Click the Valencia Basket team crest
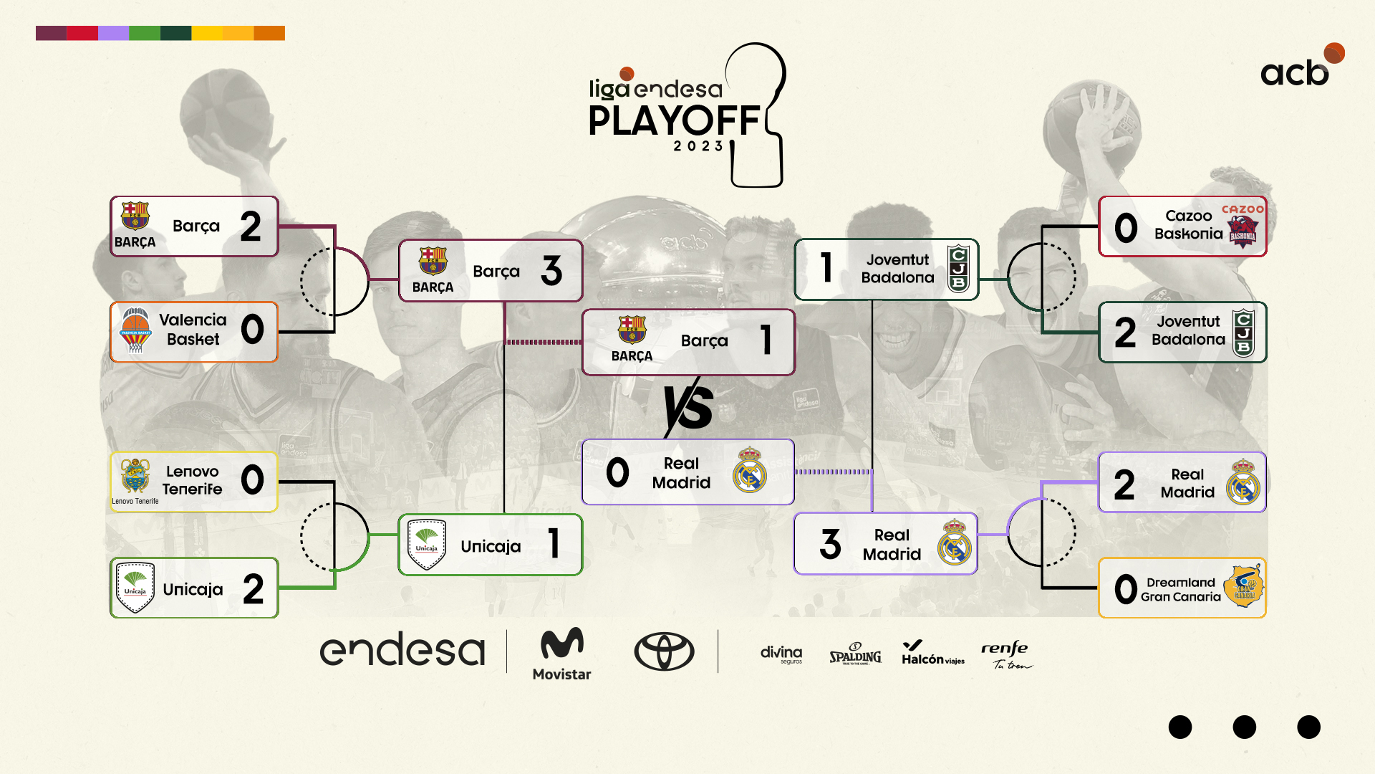coord(135,330)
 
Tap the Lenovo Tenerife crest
coord(135,476)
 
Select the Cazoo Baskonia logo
coord(1243,228)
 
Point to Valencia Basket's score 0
coord(252,330)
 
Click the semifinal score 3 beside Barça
coord(551,271)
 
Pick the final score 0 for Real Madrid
coord(617,473)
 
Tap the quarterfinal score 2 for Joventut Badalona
coord(1125,333)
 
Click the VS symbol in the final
coord(688,407)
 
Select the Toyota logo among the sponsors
coord(664,651)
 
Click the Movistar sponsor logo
coord(562,654)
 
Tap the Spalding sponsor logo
coord(855,654)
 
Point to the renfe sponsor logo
coord(1006,654)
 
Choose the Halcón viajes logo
coord(932,654)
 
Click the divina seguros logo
coord(781,654)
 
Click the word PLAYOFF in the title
coord(674,120)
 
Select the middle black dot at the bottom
coord(1245,727)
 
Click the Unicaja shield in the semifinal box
coord(426,545)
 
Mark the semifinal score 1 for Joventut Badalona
coord(826,268)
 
